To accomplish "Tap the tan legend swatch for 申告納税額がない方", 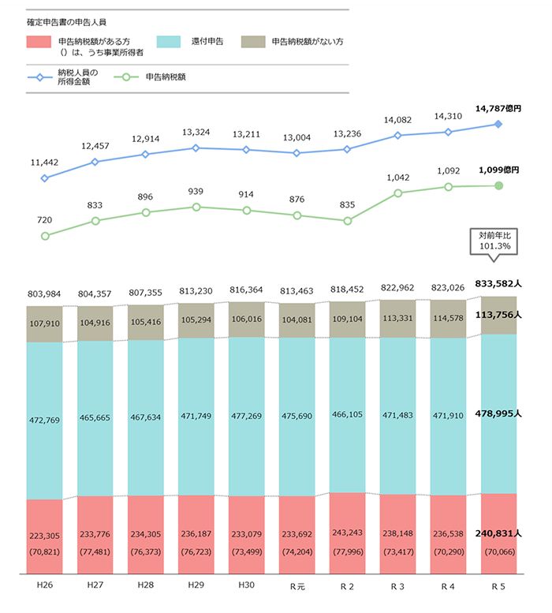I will click(x=255, y=41).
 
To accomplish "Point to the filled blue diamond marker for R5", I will click(x=498, y=124).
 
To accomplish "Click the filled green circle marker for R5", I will click(x=498, y=185).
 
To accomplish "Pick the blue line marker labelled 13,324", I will click(x=196, y=148).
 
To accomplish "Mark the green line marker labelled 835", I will click(x=347, y=221).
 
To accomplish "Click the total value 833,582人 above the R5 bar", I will click(x=498, y=282).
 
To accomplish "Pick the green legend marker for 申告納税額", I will click(x=121, y=77).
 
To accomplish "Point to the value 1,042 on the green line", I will click(x=397, y=178).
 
